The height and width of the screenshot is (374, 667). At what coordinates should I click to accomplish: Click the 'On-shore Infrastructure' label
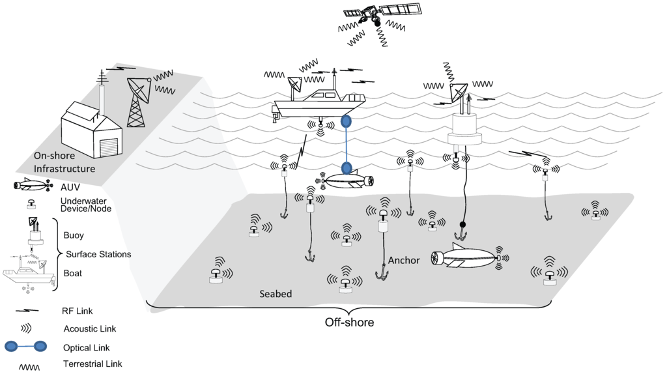(64, 162)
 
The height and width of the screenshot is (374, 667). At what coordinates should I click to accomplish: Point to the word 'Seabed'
(275, 294)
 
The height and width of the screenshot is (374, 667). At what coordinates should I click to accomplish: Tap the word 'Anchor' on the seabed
(404, 260)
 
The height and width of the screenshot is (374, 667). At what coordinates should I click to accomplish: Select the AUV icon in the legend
(33, 186)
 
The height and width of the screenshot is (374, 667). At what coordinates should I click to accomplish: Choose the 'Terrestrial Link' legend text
(92, 364)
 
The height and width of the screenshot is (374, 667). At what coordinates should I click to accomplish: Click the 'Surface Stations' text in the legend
(98, 254)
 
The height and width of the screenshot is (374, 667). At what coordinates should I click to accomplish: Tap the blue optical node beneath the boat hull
(345, 122)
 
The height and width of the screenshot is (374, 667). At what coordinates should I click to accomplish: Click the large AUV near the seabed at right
(467, 259)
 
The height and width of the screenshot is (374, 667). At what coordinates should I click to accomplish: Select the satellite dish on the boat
(295, 84)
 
